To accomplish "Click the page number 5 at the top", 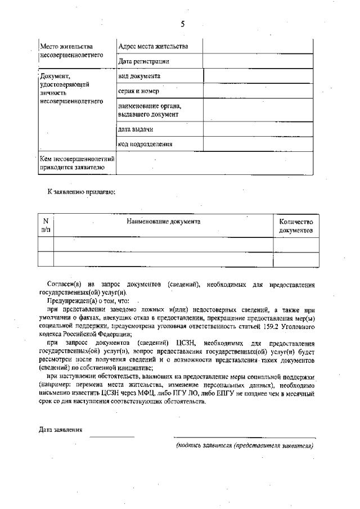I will (x=182, y=24).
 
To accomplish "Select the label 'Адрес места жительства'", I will (x=153, y=46).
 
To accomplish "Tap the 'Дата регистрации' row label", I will (x=143, y=61).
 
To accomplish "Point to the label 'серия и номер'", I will (x=138, y=91).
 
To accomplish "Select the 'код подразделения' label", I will (x=145, y=144).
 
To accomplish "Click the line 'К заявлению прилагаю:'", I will (x=81, y=192).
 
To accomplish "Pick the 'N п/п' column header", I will (x=46, y=226).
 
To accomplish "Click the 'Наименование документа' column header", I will (x=163, y=222).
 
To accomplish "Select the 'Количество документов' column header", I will (x=296, y=226).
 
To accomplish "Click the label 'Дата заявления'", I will (x=61, y=430).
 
